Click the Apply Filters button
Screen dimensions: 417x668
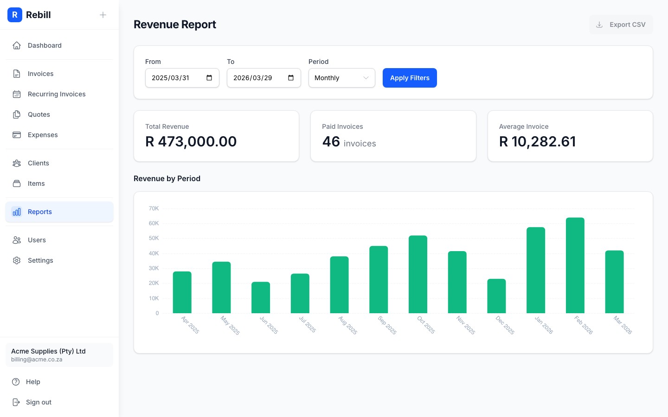coord(410,78)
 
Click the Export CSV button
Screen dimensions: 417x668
coord(621,25)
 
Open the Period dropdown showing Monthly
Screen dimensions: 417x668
coord(341,78)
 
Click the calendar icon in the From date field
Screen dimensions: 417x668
coord(209,78)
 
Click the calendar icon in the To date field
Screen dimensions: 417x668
coord(291,78)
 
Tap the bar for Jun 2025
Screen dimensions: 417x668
coord(261,297)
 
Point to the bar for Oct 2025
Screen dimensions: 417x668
coord(417,274)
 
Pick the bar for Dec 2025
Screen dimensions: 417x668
coord(496,296)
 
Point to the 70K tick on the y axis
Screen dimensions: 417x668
coord(154,208)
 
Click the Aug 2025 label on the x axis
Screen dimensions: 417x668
coord(348,325)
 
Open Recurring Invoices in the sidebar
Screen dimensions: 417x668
coord(57,94)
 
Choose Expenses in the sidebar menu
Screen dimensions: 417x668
coord(43,135)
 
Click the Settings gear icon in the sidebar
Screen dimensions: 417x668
coord(17,260)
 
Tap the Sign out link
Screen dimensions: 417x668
coord(39,402)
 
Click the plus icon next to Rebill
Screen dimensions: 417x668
coord(103,15)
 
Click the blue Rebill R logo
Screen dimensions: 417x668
coord(15,15)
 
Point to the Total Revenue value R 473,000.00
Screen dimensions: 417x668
coord(191,141)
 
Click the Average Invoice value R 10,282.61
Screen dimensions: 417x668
coord(537,141)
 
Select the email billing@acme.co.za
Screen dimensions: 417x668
coord(37,360)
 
